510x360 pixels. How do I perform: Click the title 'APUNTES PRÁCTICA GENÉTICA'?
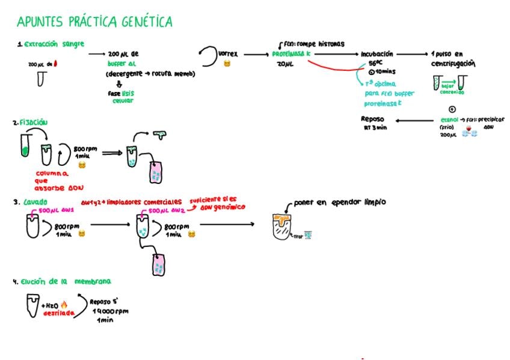[x=94, y=22]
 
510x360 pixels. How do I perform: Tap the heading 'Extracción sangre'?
[x=54, y=44]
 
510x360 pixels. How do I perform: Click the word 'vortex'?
[x=228, y=53]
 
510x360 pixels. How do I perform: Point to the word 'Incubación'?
[x=377, y=53]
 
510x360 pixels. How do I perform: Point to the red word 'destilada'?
[x=59, y=313]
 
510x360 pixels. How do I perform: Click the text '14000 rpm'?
[x=111, y=311]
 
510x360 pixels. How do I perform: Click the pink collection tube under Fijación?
[x=156, y=174]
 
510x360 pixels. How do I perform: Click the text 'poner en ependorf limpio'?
[x=339, y=203]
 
